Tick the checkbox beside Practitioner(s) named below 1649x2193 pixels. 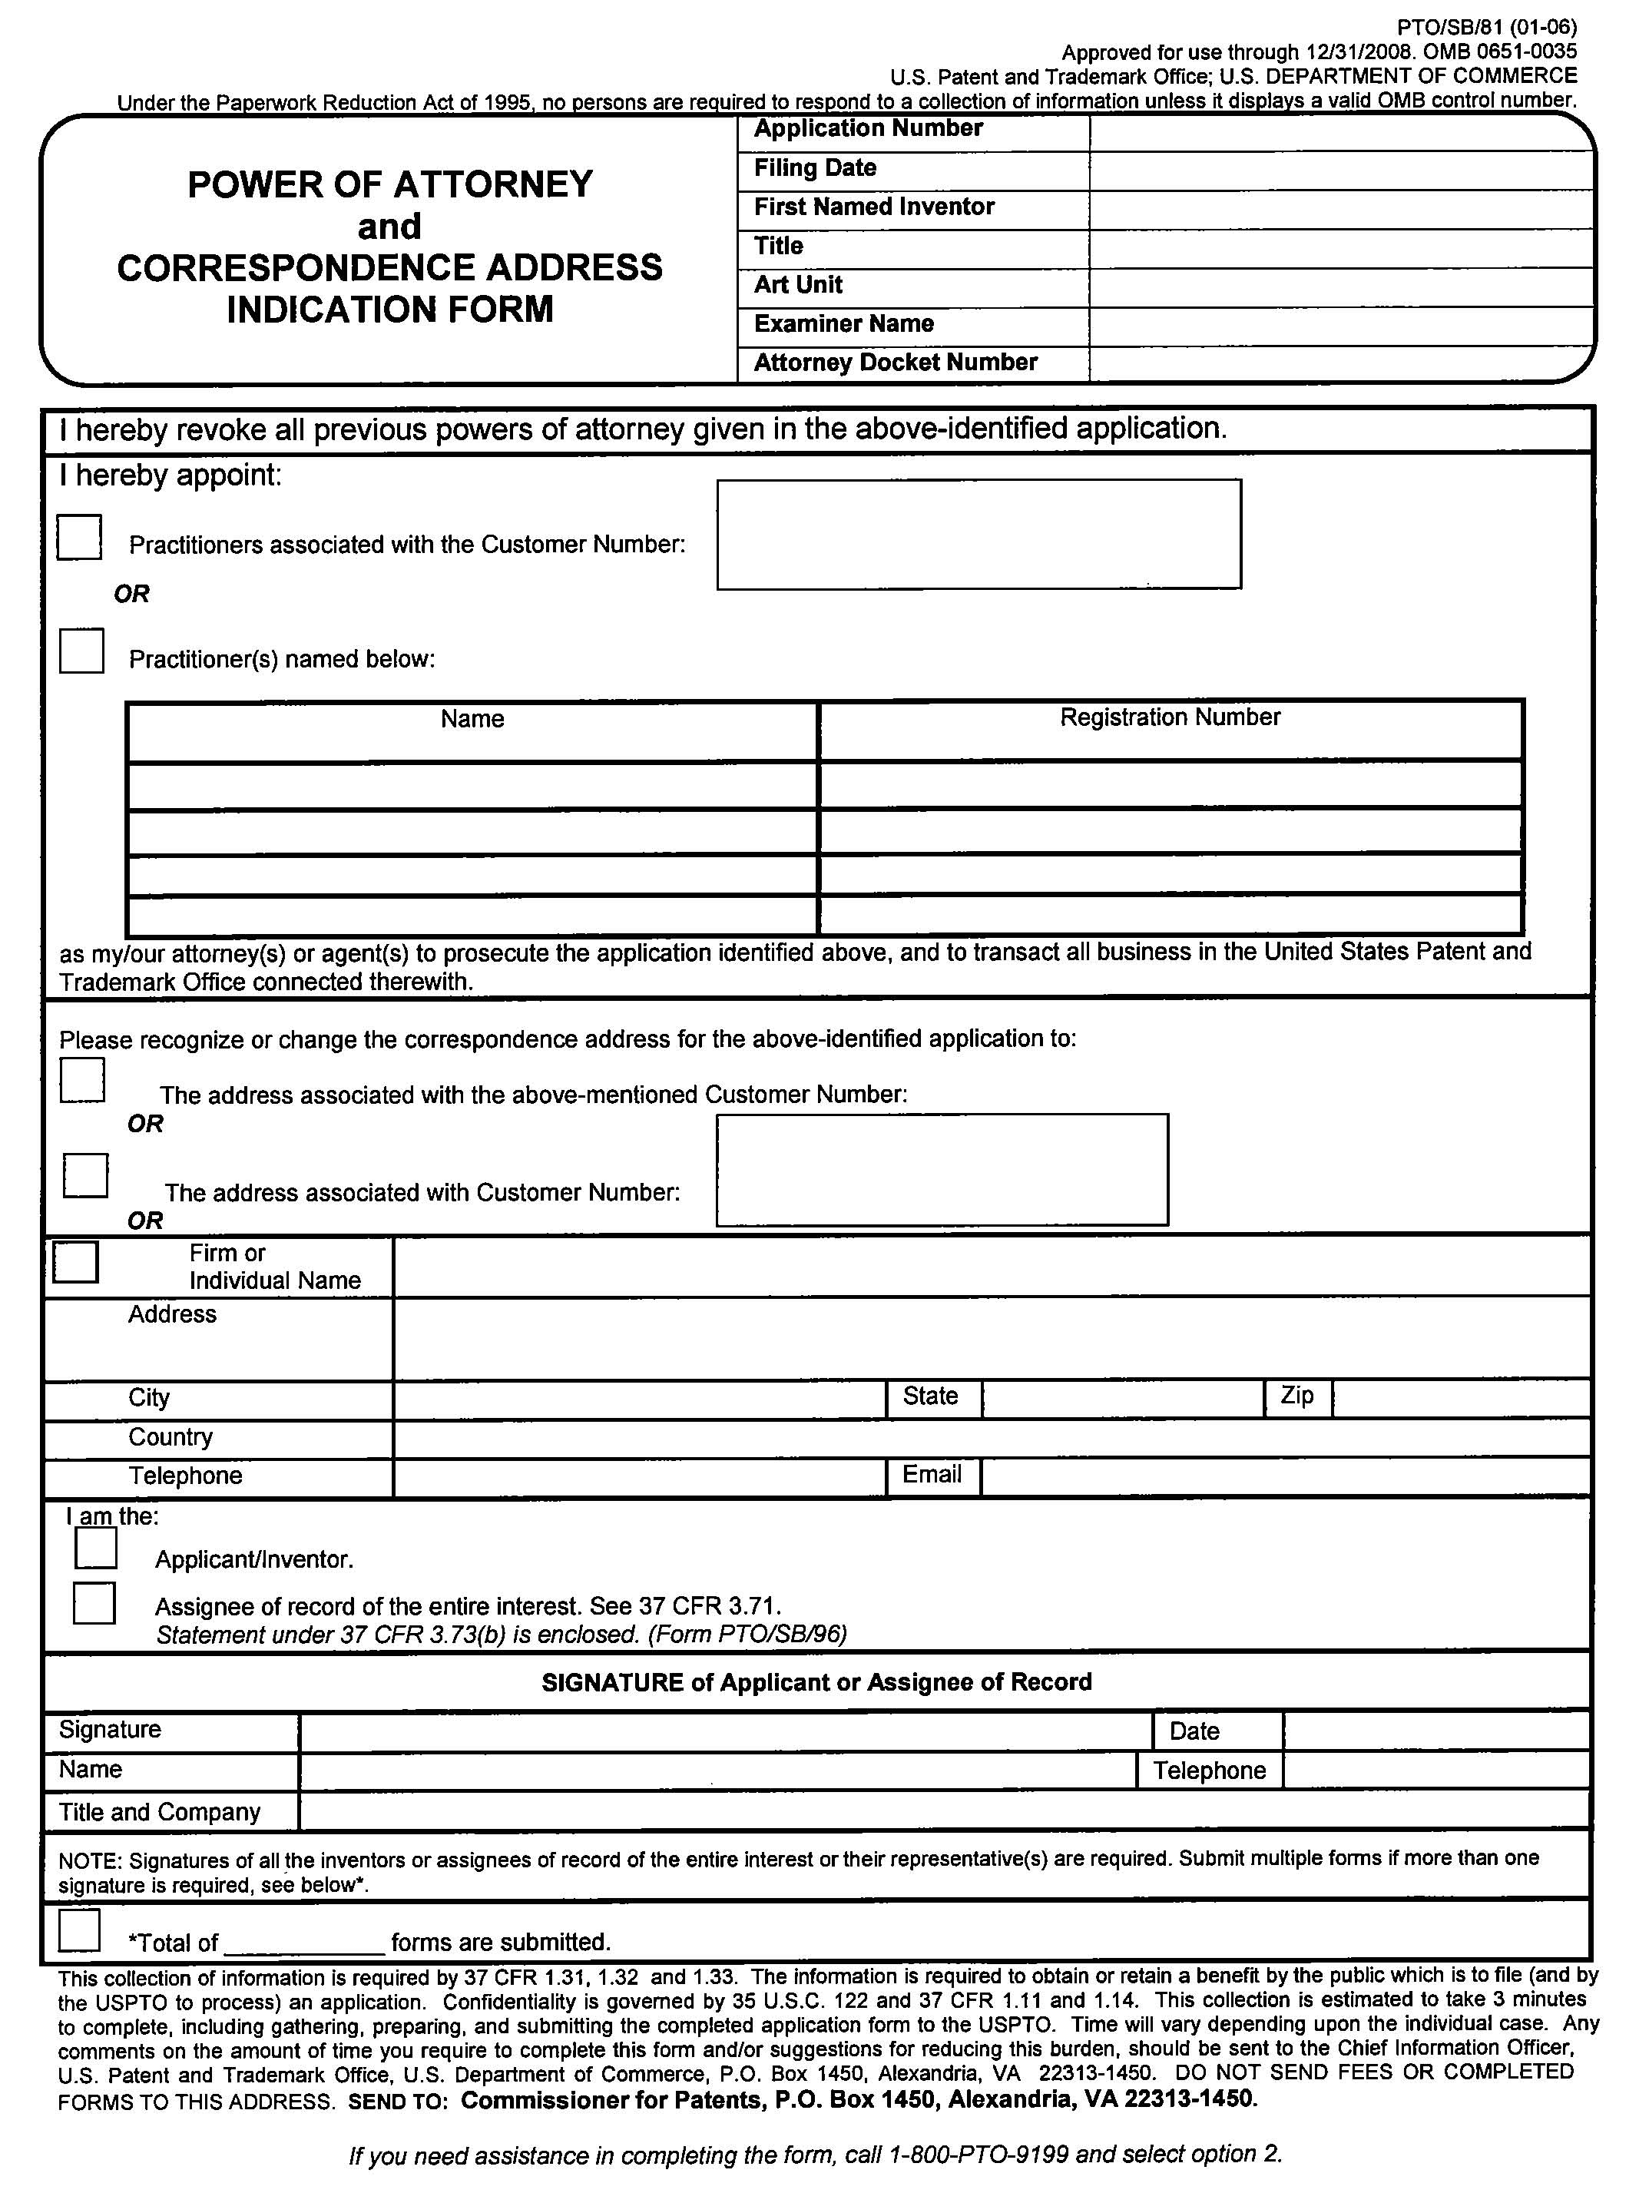81,651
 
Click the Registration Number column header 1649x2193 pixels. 1169,717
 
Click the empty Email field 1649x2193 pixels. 1284,1476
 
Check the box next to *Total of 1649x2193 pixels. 79,1930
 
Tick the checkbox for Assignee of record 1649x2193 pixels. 94,1603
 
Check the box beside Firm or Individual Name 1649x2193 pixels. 75,1262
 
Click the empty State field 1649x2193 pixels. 1122,1398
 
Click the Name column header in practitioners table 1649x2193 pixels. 472,719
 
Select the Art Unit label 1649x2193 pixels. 797,286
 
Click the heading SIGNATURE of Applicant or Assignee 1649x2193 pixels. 816,1682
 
